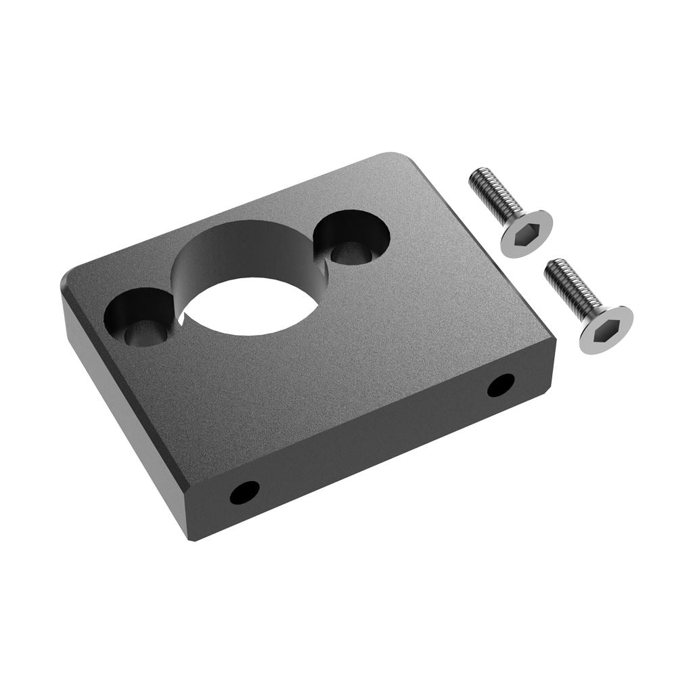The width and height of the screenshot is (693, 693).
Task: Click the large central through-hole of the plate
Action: pos(250,306)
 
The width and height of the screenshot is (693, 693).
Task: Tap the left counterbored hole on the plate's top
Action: pos(139,317)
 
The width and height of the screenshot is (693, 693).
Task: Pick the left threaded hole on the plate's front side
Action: pos(244,492)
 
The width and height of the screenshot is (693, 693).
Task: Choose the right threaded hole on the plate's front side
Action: pos(501,384)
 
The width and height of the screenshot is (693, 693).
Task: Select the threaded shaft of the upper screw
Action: pos(494,196)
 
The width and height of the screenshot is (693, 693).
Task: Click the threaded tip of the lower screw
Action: pos(552,267)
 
